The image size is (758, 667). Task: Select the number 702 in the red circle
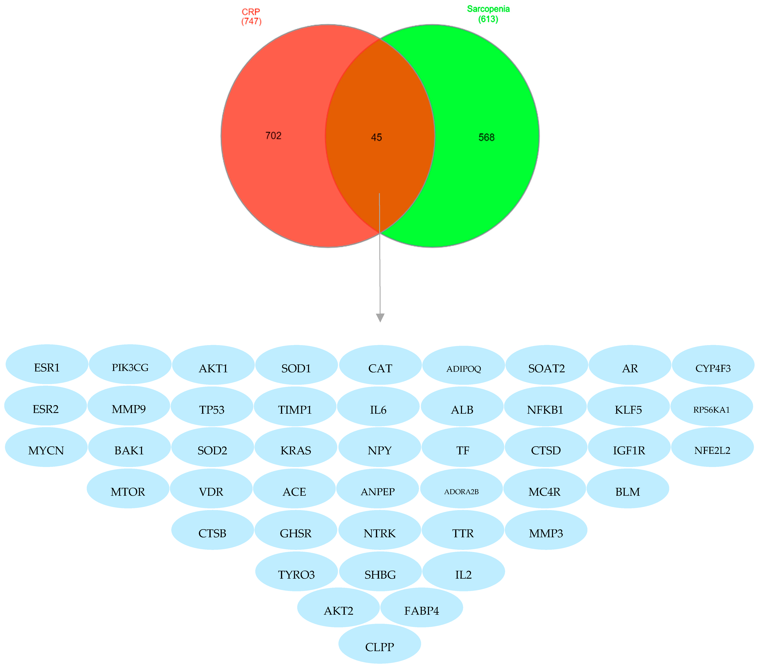click(273, 136)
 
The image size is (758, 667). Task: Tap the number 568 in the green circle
click(486, 137)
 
